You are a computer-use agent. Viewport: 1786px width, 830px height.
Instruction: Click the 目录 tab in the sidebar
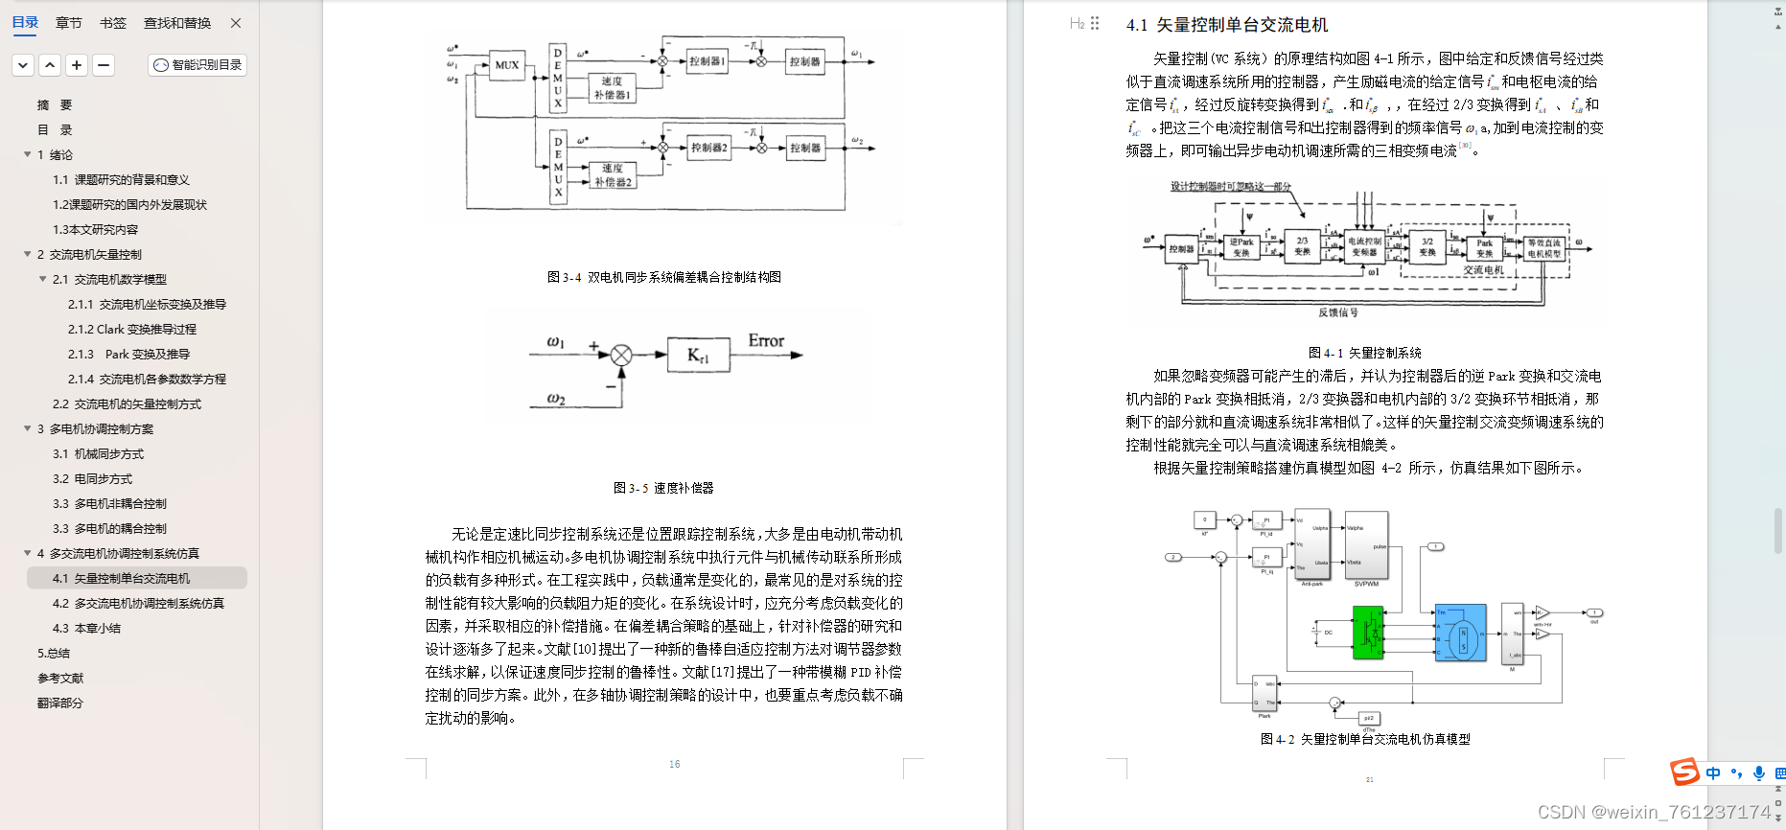(x=25, y=23)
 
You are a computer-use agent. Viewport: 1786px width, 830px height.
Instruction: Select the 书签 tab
(x=113, y=23)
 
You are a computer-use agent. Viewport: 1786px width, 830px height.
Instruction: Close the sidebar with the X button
(x=236, y=23)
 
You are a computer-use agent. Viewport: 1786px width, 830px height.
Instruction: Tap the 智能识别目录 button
(x=198, y=65)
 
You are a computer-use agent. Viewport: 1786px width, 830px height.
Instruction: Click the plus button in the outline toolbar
(x=77, y=65)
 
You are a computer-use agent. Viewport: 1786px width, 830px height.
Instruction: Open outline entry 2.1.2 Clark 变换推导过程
(x=131, y=329)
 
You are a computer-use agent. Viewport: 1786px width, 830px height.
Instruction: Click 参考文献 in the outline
(x=60, y=678)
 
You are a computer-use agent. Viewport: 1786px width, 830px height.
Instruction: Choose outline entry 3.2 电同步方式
(x=92, y=478)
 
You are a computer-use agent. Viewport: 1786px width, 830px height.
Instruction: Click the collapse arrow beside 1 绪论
(x=28, y=154)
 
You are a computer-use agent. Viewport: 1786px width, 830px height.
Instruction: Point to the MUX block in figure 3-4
(x=506, y=65)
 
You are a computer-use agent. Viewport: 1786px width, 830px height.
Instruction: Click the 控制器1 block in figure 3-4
(x=708, y=61)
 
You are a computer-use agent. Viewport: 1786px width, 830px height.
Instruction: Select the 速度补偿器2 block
(x=613, y=175)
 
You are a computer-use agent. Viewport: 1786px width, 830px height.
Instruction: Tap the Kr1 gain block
(x=698, y=356)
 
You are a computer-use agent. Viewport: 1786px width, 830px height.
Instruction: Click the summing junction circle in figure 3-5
(x=621, y=356)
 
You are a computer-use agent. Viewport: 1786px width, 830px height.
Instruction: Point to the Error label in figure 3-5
(x=766, y=341)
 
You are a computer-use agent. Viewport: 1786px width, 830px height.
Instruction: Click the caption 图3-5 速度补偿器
(x=663, y=488)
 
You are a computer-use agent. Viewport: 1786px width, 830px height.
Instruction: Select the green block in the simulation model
(x=1368, y=634)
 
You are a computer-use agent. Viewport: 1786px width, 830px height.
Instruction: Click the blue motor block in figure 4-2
(x=1460, y=633)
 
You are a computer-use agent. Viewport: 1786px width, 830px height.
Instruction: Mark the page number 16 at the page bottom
(x=675, y=764)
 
